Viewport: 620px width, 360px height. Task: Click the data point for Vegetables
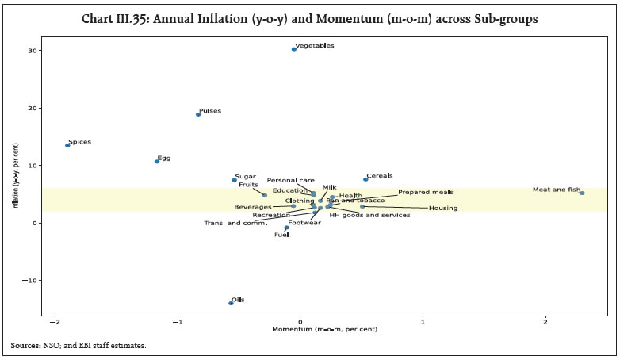[293, 49]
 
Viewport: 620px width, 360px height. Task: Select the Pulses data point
[197, 114]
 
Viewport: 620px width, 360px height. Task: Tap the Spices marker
[67, 145]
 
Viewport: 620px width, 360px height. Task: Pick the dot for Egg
[156, 162]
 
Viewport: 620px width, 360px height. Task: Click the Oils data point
[231, 303]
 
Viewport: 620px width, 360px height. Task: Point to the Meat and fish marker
[581, 193]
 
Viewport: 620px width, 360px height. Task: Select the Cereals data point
[365, 179]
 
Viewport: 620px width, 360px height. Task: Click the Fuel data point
[287, 228]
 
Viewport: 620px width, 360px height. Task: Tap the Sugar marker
[234, 180]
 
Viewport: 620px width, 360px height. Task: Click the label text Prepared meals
[425, 192]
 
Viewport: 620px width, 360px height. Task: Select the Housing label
[442, 208]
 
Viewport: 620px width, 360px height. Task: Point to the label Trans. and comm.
[235, 224]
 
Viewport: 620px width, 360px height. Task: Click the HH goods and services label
[369, 215]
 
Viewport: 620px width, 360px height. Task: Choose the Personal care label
[290, 181]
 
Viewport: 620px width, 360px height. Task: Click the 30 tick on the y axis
[36, 51]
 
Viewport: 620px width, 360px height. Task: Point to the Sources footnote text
[78, 346]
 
